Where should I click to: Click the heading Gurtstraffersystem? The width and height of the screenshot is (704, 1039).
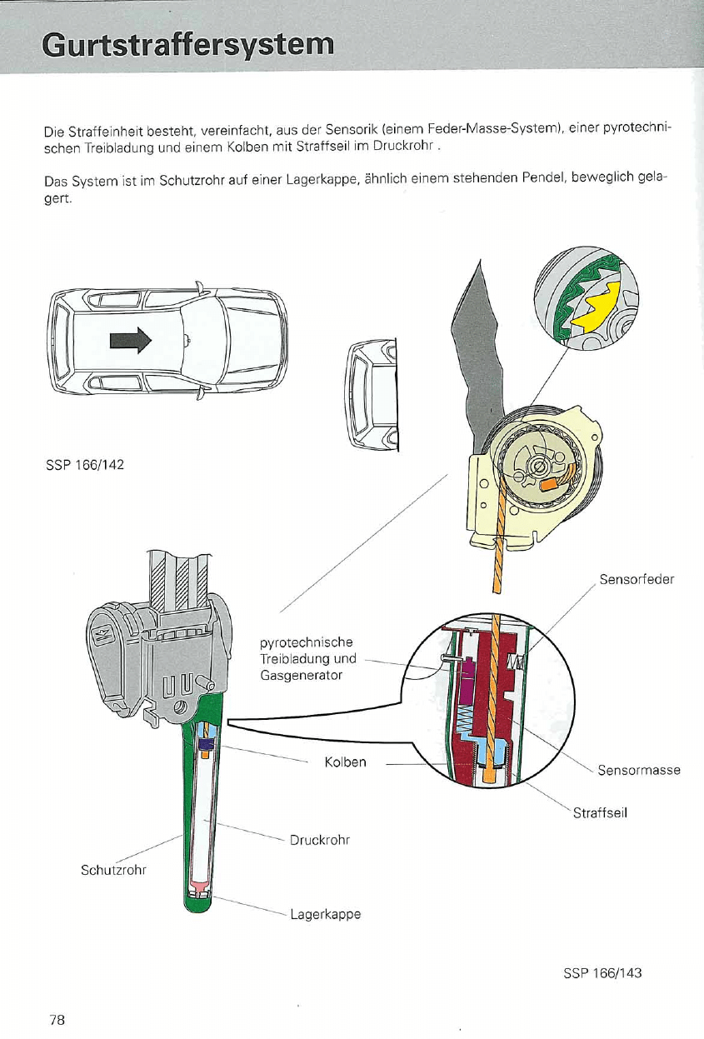coord(188,44)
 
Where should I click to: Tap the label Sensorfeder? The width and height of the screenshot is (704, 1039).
coord(636,580)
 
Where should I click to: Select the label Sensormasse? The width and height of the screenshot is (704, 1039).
coord(639,770)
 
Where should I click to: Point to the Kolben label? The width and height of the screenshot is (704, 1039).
coord(345,762)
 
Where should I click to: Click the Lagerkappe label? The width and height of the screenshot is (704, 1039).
coord(325,914)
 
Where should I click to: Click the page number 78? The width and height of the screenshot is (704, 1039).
coord(57,1019)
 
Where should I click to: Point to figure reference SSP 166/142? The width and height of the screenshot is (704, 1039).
coord(84,464)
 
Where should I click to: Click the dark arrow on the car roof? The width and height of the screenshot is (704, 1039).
coord(132,339)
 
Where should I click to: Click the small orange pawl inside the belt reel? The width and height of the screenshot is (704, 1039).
coord(550,482)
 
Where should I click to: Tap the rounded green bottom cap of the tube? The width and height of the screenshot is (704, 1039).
coord(198,902)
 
